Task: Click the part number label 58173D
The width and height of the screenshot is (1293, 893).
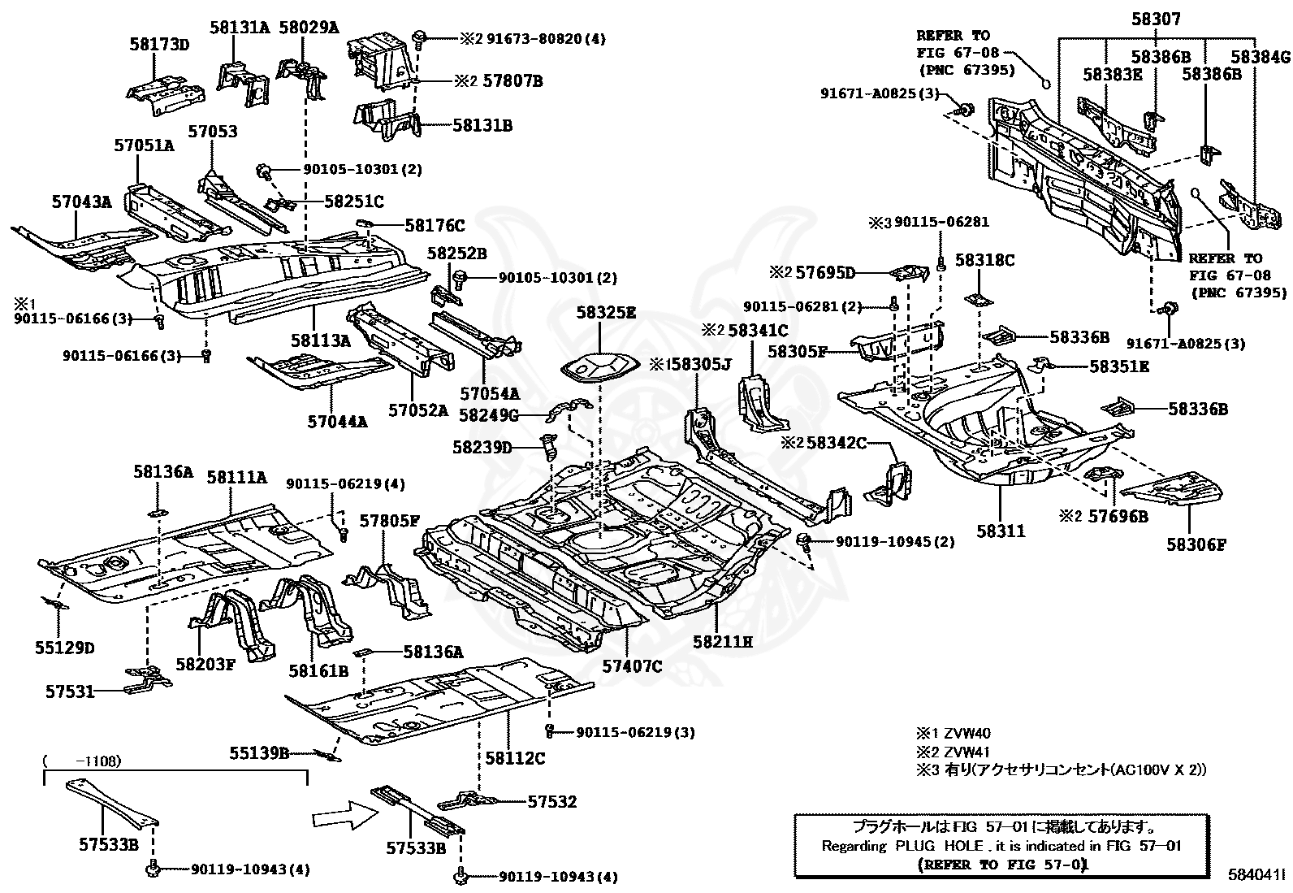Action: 159,45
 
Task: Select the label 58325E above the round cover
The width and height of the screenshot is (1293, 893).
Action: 606,312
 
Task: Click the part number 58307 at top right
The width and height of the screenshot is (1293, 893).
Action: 1156,20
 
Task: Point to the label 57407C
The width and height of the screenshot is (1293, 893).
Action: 632,667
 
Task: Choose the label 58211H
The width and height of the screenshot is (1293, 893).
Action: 723,642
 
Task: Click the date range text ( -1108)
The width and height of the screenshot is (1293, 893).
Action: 82,761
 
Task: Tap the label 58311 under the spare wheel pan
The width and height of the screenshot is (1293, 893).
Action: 1001,531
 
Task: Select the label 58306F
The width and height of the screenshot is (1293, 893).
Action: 1196,544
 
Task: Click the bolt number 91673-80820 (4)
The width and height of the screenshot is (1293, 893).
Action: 544,38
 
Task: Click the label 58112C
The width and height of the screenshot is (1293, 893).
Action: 515,758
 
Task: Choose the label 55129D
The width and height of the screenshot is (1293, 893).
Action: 64,648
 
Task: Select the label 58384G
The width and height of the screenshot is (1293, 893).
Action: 1260,57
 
